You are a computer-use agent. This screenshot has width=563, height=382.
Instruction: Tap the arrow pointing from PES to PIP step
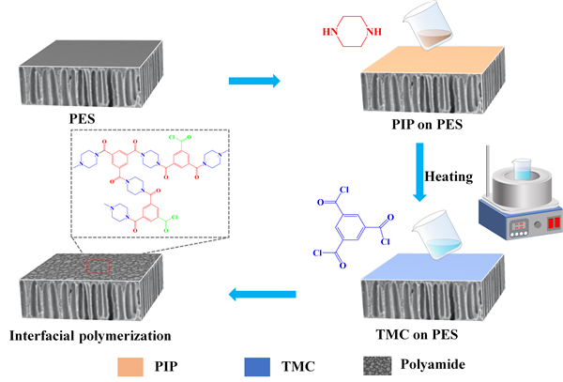click(255, 82)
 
